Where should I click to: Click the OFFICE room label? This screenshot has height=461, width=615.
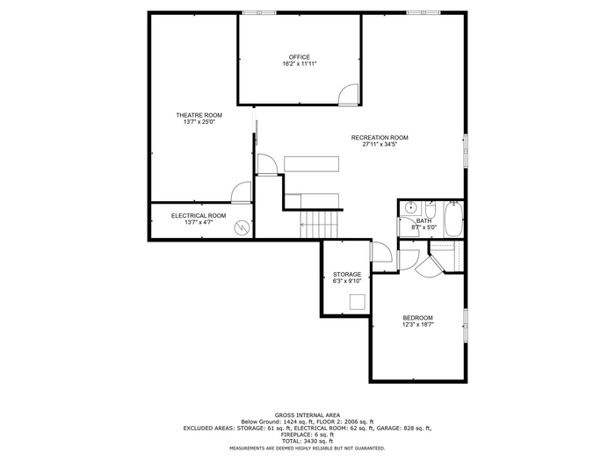click(300, 57)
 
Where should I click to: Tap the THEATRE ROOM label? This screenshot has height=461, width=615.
click(199, 115)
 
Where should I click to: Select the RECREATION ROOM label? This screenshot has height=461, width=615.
click(380, 138)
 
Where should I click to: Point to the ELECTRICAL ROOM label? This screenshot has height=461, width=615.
click(199, 216)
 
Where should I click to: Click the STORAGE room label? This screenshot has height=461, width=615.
click(347, 274)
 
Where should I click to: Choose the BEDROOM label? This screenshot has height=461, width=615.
click(417, 318)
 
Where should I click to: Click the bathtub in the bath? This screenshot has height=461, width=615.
click(454, 219)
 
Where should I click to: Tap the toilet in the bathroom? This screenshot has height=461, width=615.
click(430, 209)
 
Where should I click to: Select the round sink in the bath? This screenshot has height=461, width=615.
click(410, 208)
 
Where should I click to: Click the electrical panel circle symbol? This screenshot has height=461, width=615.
click(242, 227)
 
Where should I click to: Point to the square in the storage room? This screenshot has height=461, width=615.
click(358, 302)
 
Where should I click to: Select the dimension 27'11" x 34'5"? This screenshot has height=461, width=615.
click(380, 144)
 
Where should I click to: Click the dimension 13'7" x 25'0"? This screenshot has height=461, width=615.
click(199, 122)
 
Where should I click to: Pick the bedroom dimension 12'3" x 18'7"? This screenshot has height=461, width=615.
click(417, 325)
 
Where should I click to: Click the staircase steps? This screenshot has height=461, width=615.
click(319, 224)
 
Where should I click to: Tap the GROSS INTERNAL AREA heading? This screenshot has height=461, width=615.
click(307, 415)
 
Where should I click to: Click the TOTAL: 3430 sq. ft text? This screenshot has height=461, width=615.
click(307, 441)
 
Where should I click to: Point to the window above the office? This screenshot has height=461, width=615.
click(259, 12)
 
